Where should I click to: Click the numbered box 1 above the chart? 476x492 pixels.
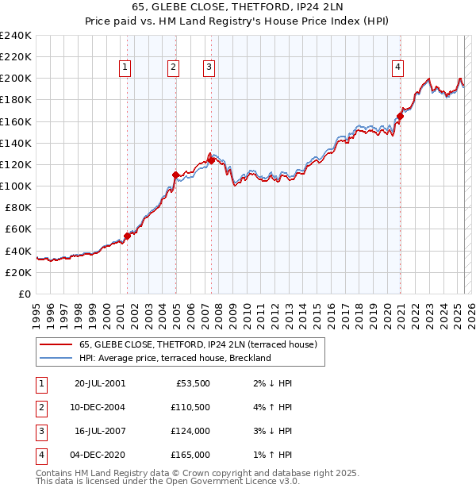126,68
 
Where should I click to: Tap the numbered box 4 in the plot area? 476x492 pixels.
397,68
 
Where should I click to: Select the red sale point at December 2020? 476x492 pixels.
401,116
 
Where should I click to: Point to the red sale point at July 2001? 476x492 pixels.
127,236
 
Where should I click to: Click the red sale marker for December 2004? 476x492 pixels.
176,175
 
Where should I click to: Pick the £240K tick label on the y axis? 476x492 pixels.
16,36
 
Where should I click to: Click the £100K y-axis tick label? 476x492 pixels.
16,186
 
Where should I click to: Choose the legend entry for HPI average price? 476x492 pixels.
175,358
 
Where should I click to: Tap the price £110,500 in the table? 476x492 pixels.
190,407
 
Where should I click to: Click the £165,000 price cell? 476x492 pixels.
190,455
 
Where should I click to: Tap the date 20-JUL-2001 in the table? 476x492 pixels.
99,383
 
